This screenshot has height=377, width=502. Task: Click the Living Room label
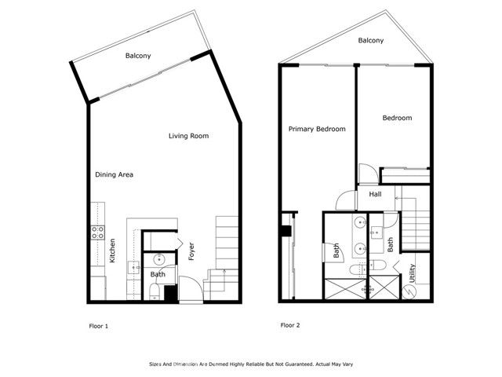[189, 136]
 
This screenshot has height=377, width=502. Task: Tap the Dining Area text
[114, 174]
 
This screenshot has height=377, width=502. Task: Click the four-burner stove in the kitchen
[99, 232]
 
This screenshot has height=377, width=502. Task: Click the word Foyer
[191, 252]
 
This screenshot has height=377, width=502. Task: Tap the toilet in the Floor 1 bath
[155, 291]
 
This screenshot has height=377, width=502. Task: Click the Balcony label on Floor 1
[138, 56]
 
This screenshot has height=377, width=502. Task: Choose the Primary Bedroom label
[317, 129]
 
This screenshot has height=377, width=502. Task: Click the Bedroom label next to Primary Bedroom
[397, 118]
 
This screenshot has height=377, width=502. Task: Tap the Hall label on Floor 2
[375, 194]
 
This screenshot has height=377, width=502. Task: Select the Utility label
[413, 274]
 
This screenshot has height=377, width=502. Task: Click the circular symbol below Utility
[408, 290]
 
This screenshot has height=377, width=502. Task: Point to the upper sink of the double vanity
[359, 223]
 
